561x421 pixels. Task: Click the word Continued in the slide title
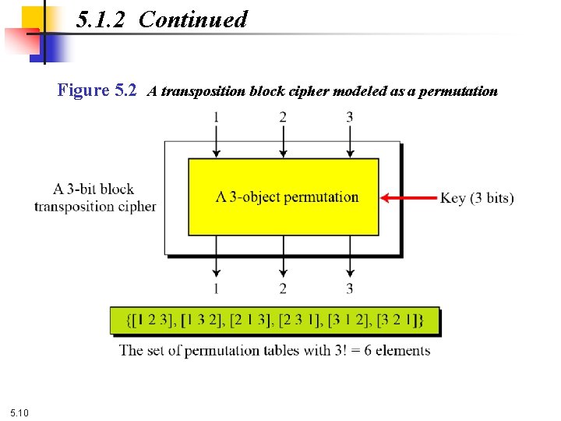(193, 19)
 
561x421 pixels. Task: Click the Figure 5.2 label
(97, 90)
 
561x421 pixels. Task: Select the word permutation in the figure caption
(457, 91)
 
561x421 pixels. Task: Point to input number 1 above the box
(216, 117)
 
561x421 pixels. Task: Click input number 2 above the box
(283, 117)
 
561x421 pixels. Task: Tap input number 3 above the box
(350, 117)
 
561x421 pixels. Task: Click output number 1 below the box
(216, 288)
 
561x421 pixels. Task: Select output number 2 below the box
(283, 288)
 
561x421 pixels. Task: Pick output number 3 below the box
(350, 288)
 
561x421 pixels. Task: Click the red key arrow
(408, 198)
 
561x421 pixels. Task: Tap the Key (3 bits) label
(477, 198)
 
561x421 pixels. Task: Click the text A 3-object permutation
(287, 196)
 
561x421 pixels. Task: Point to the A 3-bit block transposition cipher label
(95, 197)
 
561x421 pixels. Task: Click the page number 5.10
(19, 412)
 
